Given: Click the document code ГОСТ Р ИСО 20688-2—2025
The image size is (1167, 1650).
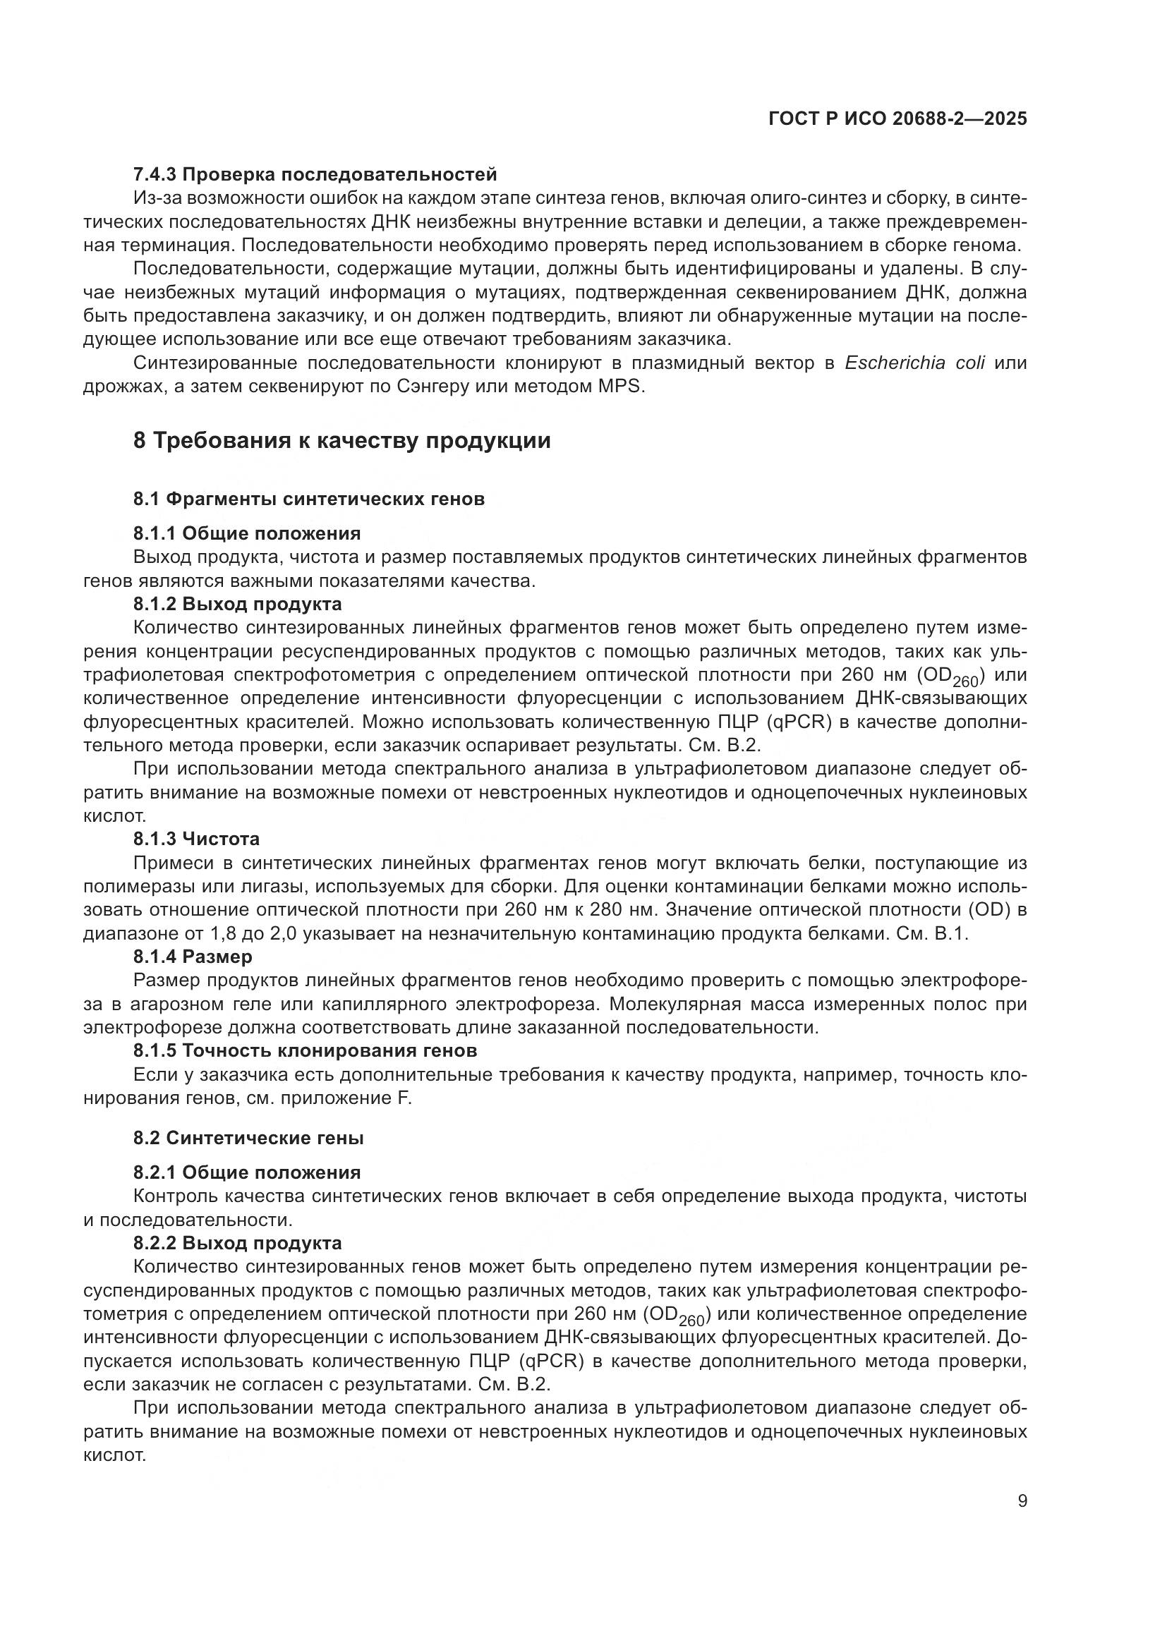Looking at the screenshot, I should pos(897,119).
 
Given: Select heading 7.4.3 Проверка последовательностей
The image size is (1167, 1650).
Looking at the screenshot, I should pos(315,174).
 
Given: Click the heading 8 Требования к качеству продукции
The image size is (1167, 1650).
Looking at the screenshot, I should pos(342,439).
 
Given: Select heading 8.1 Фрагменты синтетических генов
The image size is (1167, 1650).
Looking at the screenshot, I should pos(309,499).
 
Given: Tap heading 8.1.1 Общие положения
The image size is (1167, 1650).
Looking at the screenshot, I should pos(246,533).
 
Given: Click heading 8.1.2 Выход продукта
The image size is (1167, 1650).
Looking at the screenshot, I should pos(237,604).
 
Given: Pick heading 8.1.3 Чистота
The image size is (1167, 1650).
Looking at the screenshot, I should pos(196,839).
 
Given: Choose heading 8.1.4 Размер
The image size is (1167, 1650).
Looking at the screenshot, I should pos(193,957).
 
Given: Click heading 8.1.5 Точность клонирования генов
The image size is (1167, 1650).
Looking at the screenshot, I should pos(306,1050).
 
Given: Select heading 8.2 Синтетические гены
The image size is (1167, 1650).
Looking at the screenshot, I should pos(248,1139).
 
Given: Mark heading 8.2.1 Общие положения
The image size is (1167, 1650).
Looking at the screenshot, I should pos(246,1173).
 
